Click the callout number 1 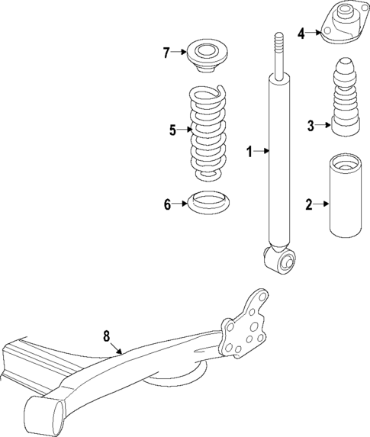click(x=248, y=151)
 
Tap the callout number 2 click(x=309, y=204)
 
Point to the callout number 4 click(x=301, y=33)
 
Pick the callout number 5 click(x=172, y=130)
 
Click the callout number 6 click(x=166, y=204)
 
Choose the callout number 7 click(x=166, y=53)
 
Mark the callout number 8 click(x=107, y=335)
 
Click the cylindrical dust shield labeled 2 click(x=343, y=204)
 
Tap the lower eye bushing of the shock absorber click(x=281, y=262)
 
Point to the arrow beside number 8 click(x=117, y=349)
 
